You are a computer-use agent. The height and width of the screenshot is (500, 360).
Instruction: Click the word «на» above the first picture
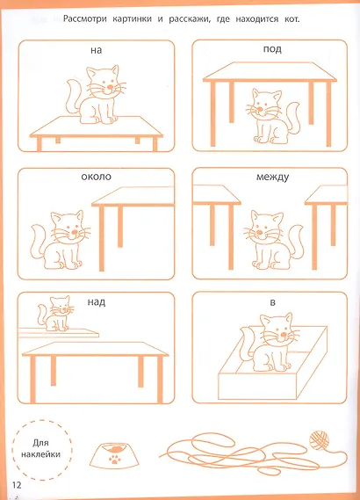pyautogui.click(x=96, y=50)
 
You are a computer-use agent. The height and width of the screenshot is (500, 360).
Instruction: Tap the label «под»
pyautogui.click(x=273, y=50)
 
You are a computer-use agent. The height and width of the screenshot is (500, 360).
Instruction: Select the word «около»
pyautogui.click(x=95, y=177)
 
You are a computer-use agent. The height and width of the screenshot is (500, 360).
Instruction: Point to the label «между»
pyautogui.click(x=273, y=177)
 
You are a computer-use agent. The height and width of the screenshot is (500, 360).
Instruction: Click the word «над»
pyautogui.click(x=96, y=302)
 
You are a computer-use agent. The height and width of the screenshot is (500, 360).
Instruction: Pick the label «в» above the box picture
pyautogui.click(x=273, y=303)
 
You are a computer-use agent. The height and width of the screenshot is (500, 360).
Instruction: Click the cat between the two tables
pyautogui.click(x=263, y=238)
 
